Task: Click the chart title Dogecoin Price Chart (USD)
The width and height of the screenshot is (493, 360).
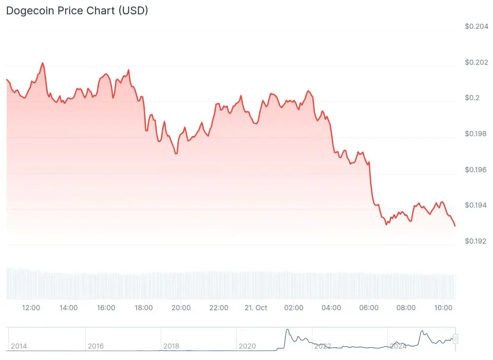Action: click(77, 10)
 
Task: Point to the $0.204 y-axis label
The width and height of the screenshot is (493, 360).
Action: click(476, 26)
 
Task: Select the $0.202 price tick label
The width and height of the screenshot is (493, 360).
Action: click(476, 62)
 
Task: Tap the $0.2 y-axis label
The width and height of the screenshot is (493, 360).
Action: click(472, 98)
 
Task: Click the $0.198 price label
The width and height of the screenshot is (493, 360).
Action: click(476, 134)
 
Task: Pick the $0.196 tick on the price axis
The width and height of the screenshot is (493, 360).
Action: click(476, 170)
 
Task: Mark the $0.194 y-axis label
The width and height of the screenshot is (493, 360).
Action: click(476, 205)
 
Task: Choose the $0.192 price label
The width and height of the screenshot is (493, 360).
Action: click(476, 241)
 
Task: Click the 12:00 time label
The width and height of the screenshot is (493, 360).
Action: click(31, 308)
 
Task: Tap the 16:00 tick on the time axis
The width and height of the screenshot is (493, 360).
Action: click(106, 308)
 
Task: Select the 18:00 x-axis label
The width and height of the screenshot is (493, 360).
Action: click(143, 308)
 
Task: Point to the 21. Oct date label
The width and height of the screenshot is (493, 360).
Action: click(256, 308)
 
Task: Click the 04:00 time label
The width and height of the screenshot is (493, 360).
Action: click(331, 308)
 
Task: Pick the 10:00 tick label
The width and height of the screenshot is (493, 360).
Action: click(444, 308)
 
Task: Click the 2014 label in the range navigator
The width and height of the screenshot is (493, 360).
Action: click(19, 346)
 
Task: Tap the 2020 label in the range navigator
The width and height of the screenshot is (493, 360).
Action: click(247, 346)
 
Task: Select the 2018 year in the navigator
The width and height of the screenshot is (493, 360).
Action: click(171, 346)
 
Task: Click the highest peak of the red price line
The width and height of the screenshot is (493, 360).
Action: click(42, 63)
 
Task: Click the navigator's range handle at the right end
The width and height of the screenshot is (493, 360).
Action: click(456, 339)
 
